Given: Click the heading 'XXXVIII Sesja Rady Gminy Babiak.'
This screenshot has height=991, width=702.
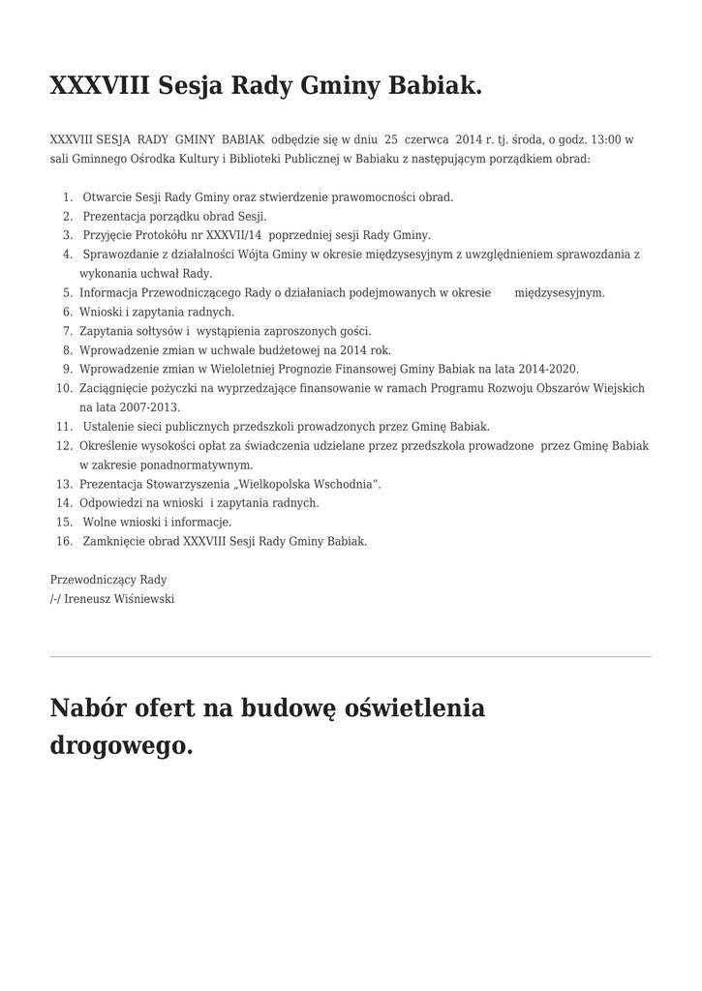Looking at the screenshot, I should tap(265, 86).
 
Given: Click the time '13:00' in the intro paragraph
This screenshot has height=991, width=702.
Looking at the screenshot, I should tap(602, 139).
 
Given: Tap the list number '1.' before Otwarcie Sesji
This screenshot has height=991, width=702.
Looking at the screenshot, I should tap(68, 196).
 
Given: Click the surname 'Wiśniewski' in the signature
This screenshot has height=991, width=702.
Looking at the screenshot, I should tap(145, 599).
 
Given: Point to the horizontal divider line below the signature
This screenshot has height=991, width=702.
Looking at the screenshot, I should tap(351, 657).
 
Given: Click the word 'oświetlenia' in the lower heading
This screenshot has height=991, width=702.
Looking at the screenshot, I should tap(412, 708).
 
